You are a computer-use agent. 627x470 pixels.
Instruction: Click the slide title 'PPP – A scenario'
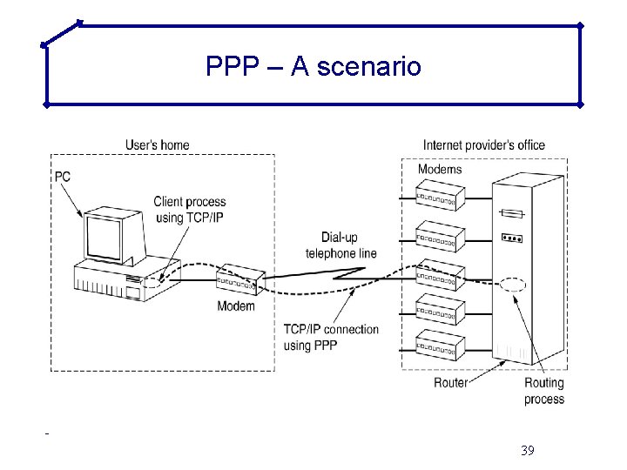(313, 66)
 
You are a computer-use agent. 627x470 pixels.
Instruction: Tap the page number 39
(526, 450)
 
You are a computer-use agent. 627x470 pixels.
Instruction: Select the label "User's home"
(157, 144)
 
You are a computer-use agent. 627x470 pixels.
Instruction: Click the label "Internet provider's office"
(484, 144)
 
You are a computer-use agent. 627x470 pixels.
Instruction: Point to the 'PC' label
(63, 177)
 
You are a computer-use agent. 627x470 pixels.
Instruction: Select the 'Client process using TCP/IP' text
(188, 210)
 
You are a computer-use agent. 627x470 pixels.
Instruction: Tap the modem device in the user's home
(237, 280)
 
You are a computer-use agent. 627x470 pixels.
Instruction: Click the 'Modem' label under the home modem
(236, 306)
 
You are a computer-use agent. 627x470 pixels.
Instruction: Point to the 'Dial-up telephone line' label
(340, 245)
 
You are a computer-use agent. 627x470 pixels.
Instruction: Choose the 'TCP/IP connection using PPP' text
(331, 337)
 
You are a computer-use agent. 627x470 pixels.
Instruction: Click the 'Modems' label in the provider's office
(440, 169)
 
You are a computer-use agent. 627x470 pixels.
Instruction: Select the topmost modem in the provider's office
(441, 196)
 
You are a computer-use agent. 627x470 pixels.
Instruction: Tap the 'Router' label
(451, 382)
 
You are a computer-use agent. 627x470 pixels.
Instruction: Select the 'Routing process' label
(544, 391)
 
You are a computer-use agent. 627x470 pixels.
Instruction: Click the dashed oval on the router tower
(514, 285)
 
